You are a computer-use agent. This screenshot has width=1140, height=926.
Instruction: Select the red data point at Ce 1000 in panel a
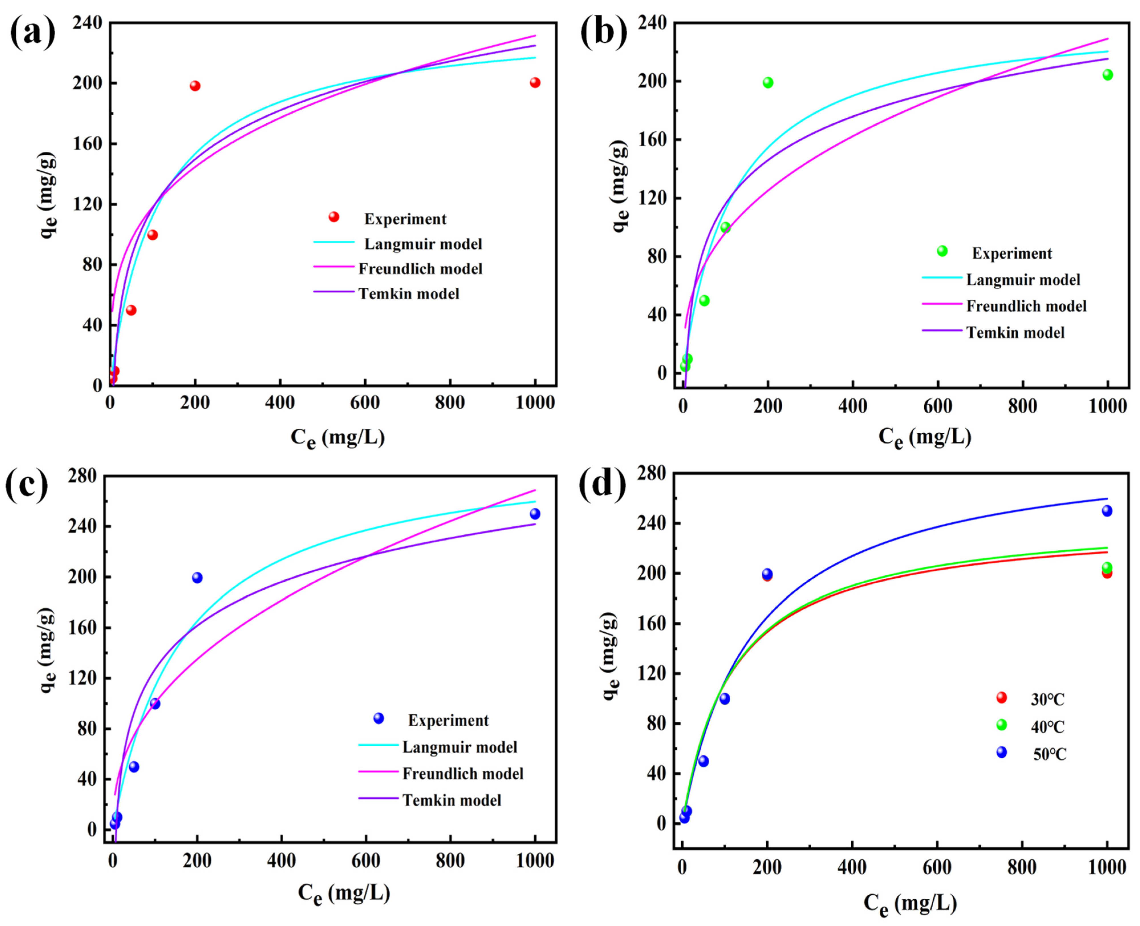[535, 83]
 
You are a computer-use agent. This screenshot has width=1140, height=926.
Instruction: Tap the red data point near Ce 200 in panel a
[195, 86]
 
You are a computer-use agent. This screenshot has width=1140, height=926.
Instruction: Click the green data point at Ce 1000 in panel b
[1108, 75]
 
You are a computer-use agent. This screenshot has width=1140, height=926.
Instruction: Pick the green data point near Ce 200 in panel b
[767, 83]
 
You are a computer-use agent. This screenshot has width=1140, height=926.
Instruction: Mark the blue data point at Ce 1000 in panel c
[535, 514]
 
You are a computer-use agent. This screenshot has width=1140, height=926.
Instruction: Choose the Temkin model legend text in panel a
[409, 294]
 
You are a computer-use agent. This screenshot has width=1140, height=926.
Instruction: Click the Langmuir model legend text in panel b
[1023, 280]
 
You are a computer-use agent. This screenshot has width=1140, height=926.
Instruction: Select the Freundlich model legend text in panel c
[463, 773]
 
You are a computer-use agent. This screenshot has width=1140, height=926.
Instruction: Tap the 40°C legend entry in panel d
[1047, 727]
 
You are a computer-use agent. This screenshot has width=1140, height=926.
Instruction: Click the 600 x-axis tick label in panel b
[937, 406]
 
